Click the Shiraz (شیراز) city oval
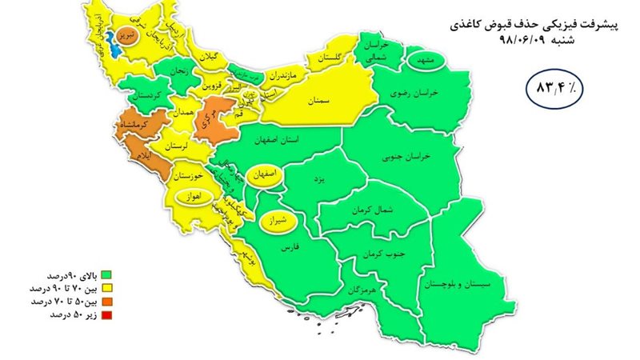click(276, 217)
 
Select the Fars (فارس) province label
click(285, 249)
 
